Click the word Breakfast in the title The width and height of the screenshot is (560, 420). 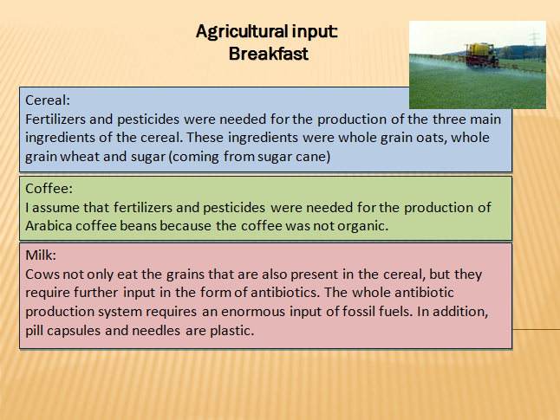268,54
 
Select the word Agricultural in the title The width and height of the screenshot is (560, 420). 242,32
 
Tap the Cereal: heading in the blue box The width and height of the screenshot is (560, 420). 48,100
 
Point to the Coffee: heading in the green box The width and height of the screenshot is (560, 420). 49,189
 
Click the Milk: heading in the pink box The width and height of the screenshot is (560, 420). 41,255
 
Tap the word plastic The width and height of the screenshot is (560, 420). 231,331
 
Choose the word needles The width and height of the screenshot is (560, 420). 156,331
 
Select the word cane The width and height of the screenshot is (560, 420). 310,157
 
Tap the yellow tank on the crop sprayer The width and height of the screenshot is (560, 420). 479,48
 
